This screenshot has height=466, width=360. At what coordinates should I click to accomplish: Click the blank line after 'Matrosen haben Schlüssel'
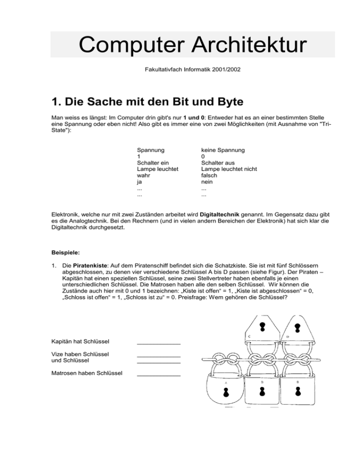tap(158, 374)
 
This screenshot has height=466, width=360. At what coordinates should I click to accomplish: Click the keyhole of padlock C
tap(262, 326)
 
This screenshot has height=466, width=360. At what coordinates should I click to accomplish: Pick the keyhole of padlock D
tap(296, 326)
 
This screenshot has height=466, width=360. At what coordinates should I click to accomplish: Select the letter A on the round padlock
tap(225, 383)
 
